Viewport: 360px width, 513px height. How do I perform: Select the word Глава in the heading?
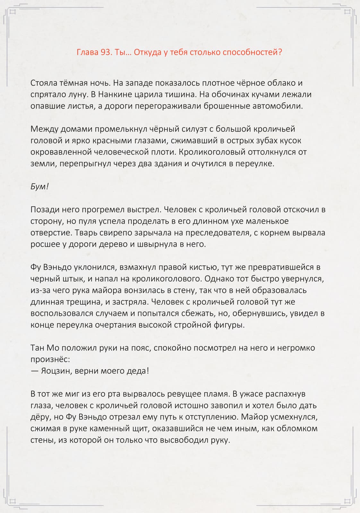pos(87,52)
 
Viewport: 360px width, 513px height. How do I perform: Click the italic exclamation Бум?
pos(39,187)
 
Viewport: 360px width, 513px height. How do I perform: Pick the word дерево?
pos(111,244)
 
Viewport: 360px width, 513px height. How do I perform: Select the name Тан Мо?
pos(45,348)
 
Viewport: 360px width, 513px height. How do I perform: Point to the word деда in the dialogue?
pos(138,371)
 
